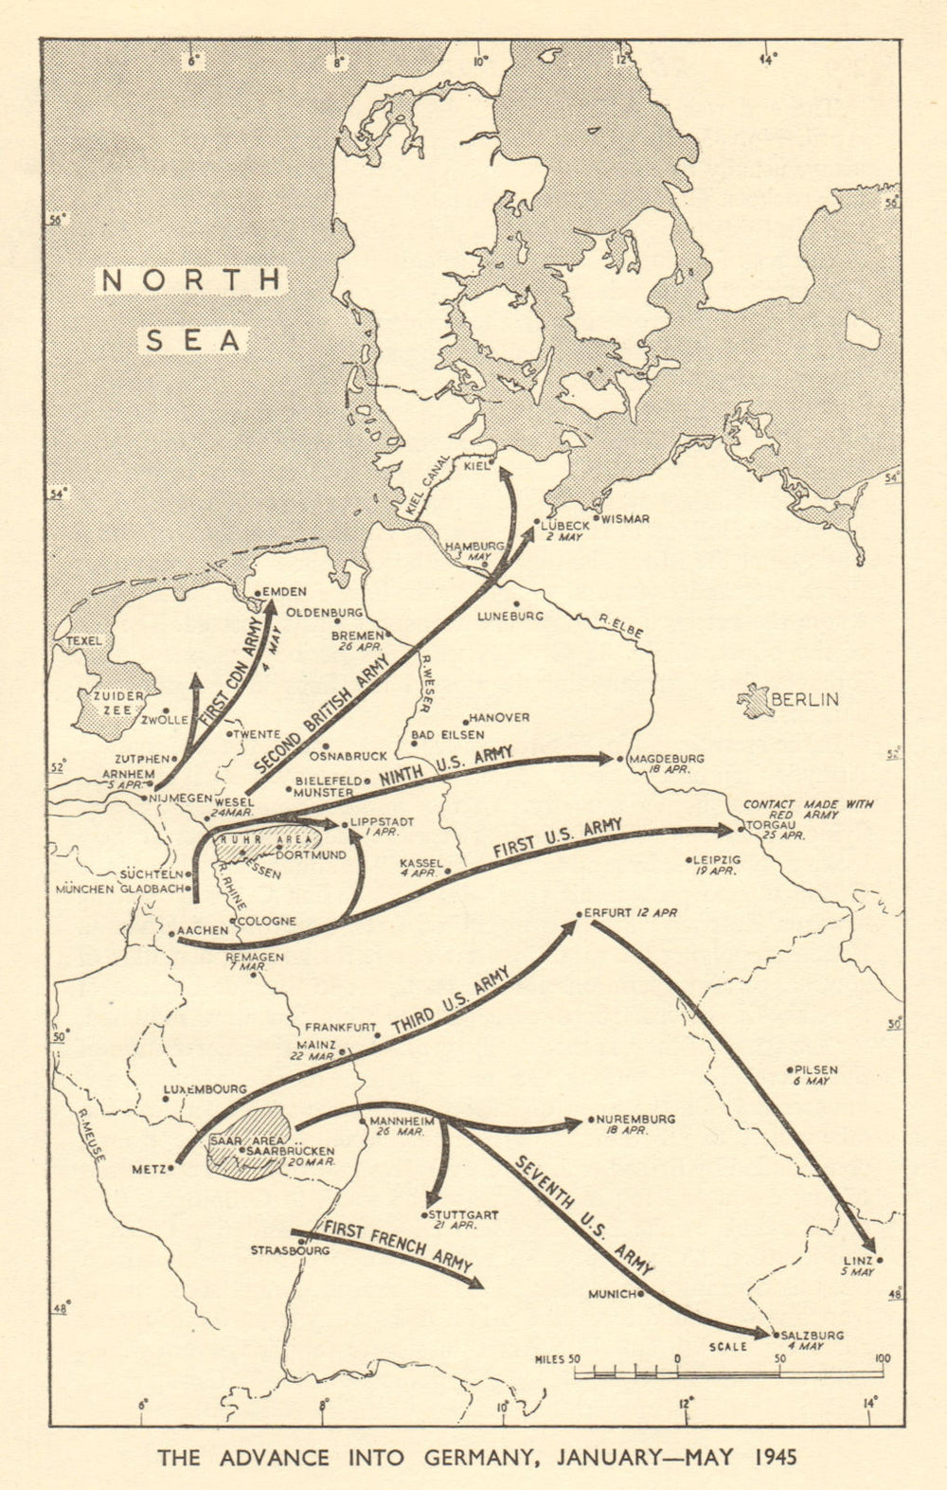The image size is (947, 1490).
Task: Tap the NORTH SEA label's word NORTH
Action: pos(192,279)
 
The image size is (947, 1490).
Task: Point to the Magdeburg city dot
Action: pos(618,759)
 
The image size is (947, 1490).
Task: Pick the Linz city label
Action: pos(859,1261)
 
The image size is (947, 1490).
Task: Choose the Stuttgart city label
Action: pos(463,1214)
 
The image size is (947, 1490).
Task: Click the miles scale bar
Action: pos(728,1371)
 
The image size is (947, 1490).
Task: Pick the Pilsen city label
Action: pos(816,1069)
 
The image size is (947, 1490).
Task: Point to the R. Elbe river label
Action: pos(616,621)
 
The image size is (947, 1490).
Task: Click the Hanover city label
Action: pos(499,718)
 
